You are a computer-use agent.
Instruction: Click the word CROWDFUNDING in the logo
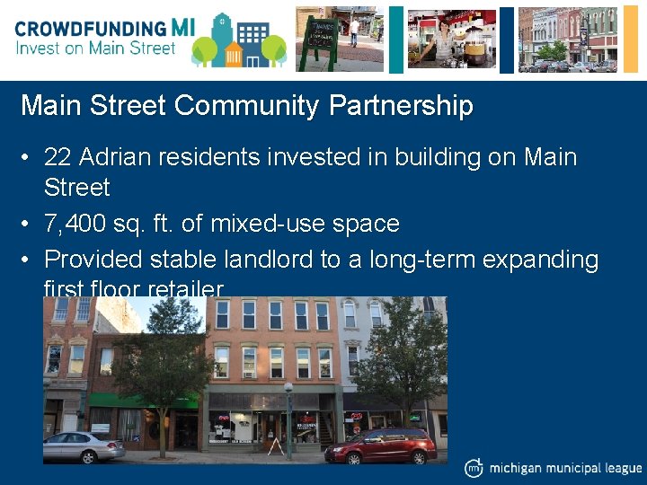[90, 27]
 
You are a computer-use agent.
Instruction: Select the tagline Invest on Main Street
[95, 48]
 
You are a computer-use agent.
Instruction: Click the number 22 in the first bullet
[58, 157]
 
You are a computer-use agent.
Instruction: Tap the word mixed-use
[269, 223]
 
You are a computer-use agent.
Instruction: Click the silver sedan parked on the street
[84, 445]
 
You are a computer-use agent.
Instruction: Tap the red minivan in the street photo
[380, 445]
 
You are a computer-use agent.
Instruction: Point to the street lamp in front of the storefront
[288, 418]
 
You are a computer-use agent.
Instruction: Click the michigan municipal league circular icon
[474, 468]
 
